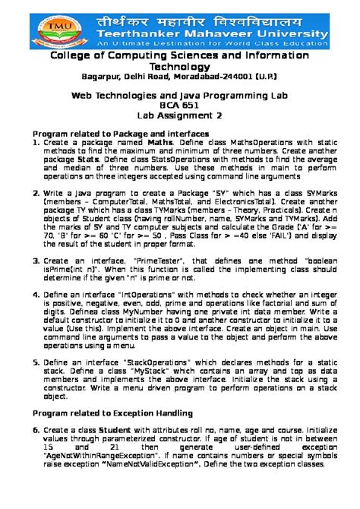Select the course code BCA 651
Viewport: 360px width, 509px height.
coord(179,106)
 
